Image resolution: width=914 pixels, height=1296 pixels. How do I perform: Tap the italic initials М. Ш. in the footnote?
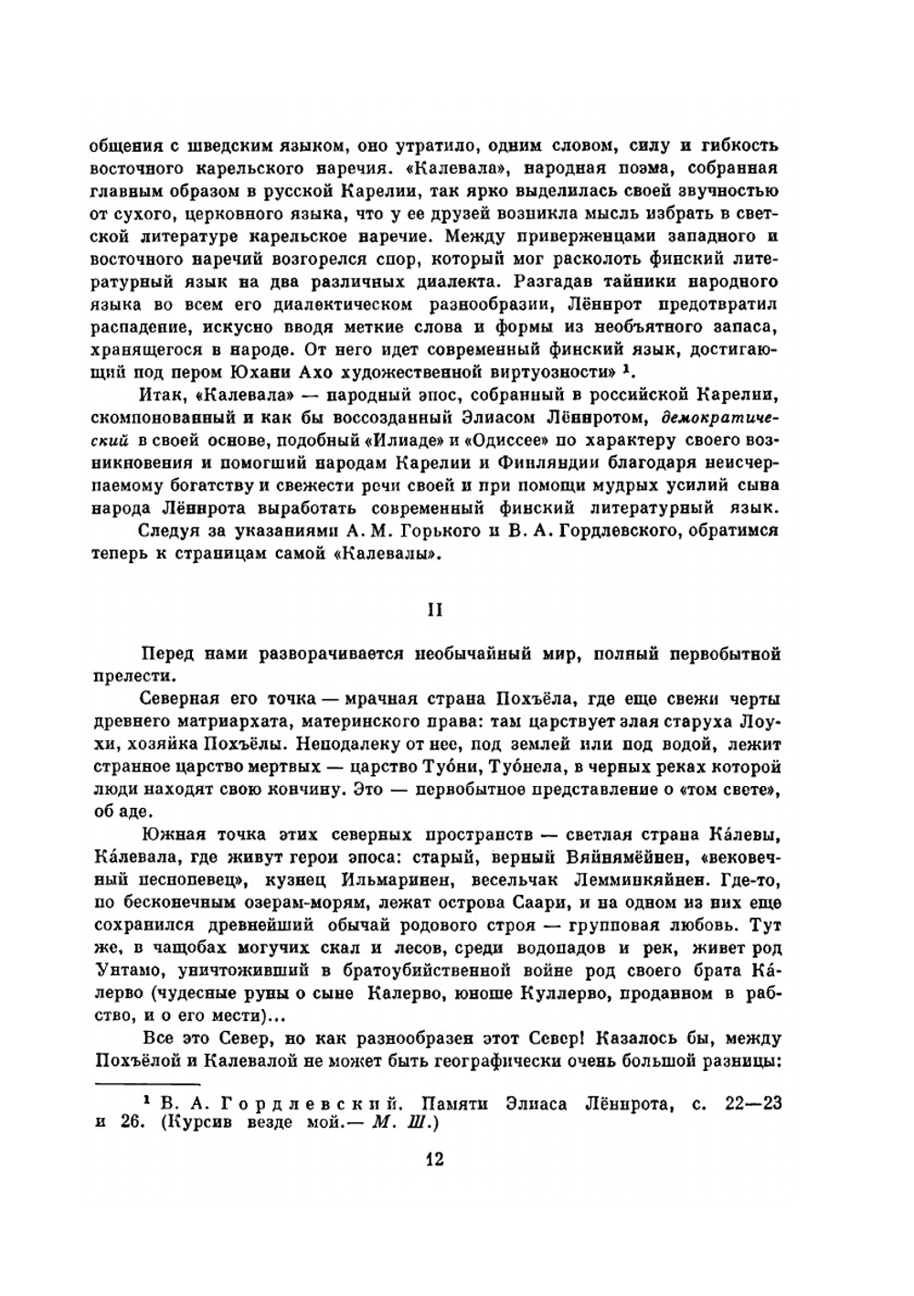tap(399, 1126)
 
